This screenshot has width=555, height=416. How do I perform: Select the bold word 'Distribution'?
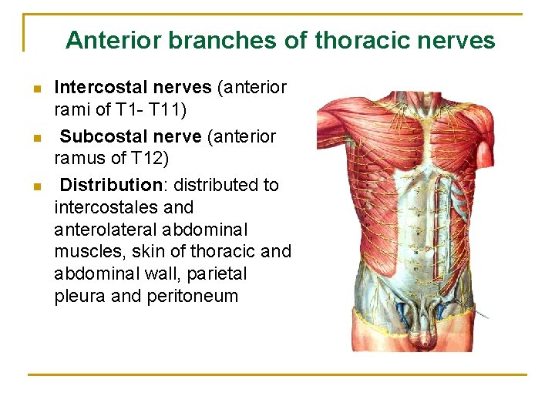click(109, 185)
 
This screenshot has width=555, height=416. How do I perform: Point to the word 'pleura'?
click(80, 297)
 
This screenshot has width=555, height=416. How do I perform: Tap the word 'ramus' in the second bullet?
click(79, 159)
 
